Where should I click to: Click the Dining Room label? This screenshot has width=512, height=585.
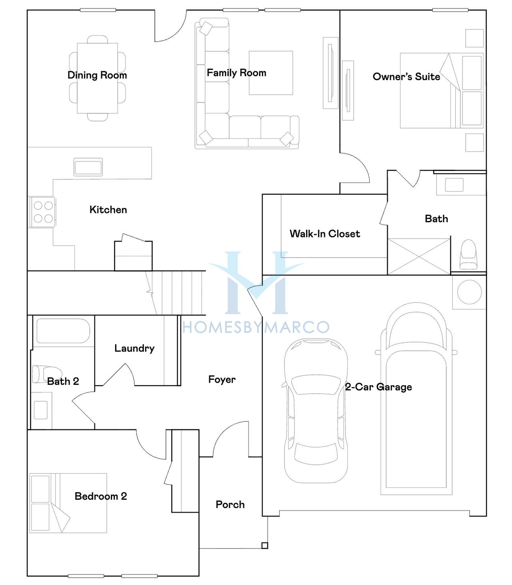point(97,75)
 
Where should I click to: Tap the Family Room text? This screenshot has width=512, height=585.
point(236,73)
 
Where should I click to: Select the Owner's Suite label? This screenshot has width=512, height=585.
point(406,76)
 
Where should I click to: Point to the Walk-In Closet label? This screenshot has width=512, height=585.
point(325,233)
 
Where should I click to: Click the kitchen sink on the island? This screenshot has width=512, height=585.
point(88,167)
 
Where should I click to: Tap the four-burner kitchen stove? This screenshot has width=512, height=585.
point(42,212)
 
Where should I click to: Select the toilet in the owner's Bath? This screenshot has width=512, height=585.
point(468,254)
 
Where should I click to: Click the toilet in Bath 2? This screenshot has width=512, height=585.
point(46,374)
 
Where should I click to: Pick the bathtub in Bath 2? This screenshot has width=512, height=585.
point(63,331)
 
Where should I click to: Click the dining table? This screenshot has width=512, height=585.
point(98,78)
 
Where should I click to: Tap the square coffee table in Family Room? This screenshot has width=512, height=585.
point(271,73)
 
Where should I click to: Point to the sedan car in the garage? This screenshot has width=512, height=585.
point(316,410)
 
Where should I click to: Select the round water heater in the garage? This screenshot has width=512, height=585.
point(469,292)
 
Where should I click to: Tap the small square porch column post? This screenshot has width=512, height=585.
point(264,545)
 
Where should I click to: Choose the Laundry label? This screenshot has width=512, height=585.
point(134,348)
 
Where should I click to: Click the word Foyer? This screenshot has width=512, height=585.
point(222,380)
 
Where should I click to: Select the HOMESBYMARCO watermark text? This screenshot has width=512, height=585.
point(256,328)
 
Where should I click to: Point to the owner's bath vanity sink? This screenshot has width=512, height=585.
point(454,185)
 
